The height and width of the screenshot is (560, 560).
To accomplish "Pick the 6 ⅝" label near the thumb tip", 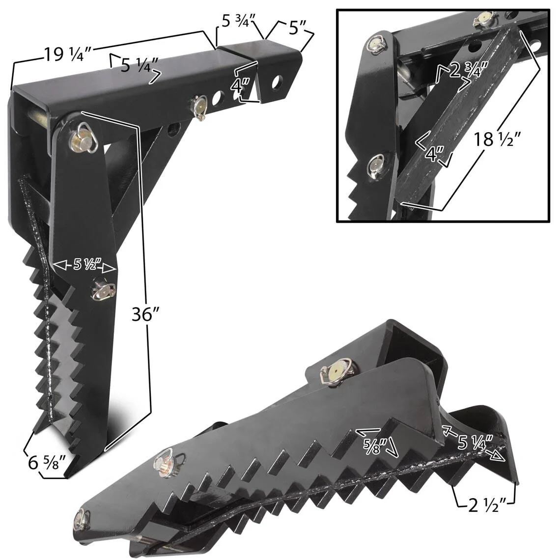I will [47, 462].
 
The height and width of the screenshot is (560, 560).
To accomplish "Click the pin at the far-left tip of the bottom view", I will [82, 520].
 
